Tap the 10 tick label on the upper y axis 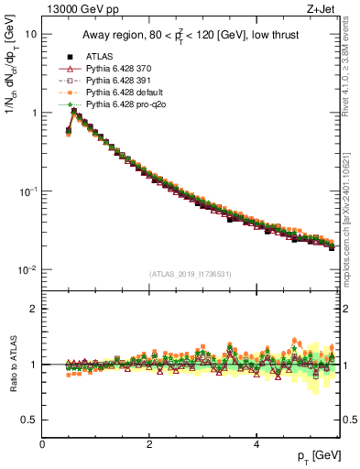click(x=30, y=34)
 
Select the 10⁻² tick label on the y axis click(x=27, y=270)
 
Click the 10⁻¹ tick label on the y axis click(x=27, y=191)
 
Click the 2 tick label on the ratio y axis click(x=34, y=309)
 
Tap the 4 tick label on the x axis click(x=256, y=443)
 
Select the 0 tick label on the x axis click(x=42, y=443)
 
